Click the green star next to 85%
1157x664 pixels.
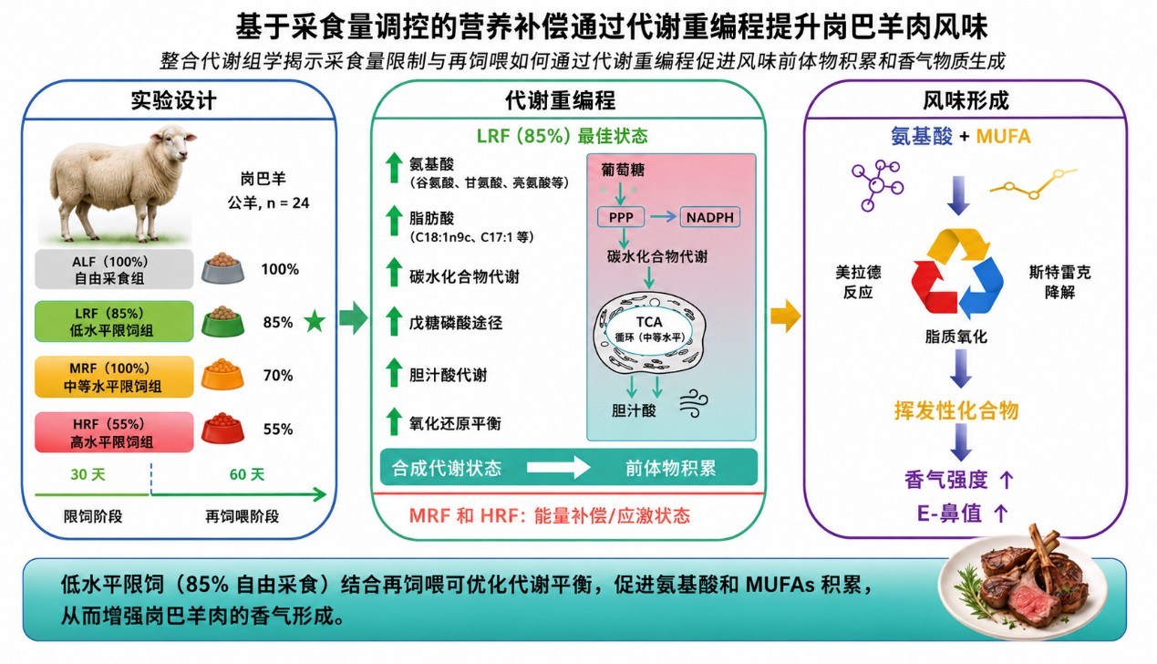pyautogui.click(x=315, y=322)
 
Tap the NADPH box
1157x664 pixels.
pyautogui.click(x=709, y=218)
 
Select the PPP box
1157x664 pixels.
pyautogui.click(x=621, y=218)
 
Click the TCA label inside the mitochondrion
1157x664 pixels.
pyautogui.click(x=649, y=322)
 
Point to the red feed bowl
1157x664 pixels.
pyautogui.click(x=222, y=428)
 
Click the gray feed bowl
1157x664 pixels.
pyautogui.click(x=222, y=268)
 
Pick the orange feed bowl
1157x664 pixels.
pyautogui.click(x=222, y=374)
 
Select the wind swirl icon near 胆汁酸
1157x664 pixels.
pyautogui.click(x=694, y=404)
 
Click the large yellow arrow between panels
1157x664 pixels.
pyautogui.click(x=786, y=316)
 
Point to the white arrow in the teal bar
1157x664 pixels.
pyautogui.click(x=558, y=468)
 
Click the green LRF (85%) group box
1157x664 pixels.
pyautogui.click(x=114, y=321)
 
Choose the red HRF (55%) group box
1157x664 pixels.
pyautogui.click(x=114, y=432)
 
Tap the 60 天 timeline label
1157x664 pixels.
pyautogui.click(x=247, y=474)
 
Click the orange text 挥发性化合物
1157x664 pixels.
pyautogui.click(x=956, y=410)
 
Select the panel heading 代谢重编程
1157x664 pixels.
pyautogui.click(x=561, y=100)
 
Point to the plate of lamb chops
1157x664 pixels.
pyautogui.click(x=1023, y=589)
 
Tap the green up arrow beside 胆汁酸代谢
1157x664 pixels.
pyautogui.click(x=394, y=372)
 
